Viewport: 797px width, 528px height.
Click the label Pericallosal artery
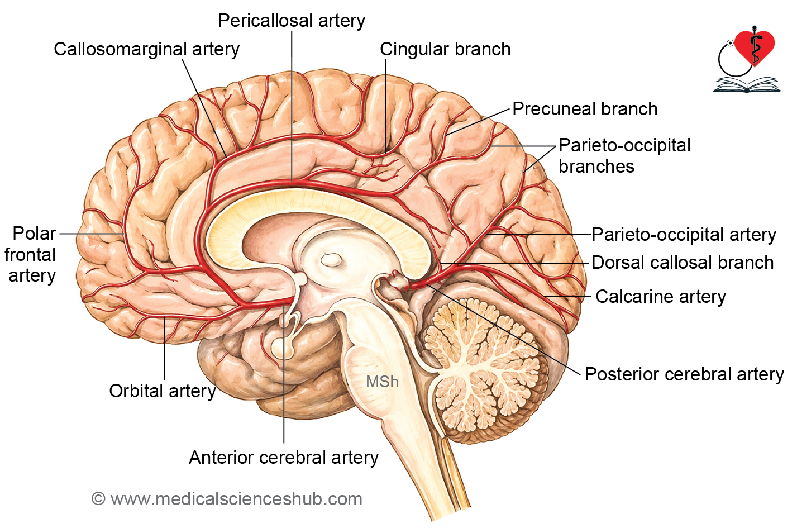(x=292, y=21)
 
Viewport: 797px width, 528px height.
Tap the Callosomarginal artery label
(x=146, y=49)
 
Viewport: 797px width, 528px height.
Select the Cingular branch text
(x=445, y=49)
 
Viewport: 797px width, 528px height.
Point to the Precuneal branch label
(x=585, y=108)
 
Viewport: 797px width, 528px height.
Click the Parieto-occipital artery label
(x=684, y=235)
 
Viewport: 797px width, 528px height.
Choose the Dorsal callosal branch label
(x=683, y=263)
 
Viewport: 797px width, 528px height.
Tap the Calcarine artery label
(x=661, y=297)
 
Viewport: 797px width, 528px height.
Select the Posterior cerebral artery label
(x=684, y=374)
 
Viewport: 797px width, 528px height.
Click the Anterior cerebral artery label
(x=284, y=458)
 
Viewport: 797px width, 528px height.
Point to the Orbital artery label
(x=162, y=391)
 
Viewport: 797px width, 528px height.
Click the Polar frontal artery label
(x=30, y=255)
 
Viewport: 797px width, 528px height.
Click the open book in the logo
(x=747, y=85)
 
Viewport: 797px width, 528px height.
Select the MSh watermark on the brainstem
(x=382, y=382)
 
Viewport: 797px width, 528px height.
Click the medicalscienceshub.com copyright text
(x=227, y=499)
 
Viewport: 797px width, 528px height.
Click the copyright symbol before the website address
(x=98, y=499)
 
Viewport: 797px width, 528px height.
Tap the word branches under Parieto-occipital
(x=596, y=167)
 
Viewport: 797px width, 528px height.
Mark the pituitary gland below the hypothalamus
(x=282, y=348)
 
